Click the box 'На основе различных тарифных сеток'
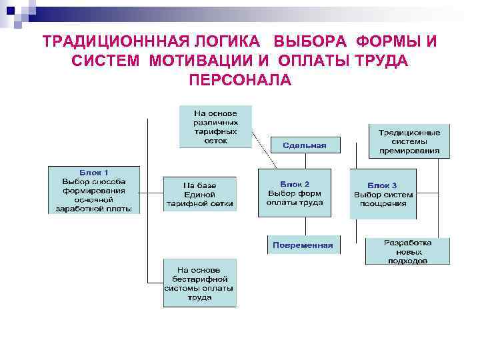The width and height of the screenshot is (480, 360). tap(215, 126)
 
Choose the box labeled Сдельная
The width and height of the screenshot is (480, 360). tap(304, 145)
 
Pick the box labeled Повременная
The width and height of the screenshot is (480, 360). tap(303, 245)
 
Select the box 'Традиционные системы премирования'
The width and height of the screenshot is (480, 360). tap(409, 141)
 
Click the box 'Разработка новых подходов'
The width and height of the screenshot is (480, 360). tap(407, 251)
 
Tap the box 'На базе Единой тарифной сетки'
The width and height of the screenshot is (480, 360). tap(200, 194)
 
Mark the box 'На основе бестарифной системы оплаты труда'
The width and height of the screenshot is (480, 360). tap(199, 283)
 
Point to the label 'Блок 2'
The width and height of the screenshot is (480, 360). tap(294, 183)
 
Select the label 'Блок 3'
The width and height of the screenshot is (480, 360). tap(383, 185)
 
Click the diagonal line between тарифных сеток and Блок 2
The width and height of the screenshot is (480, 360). tap(264, 153)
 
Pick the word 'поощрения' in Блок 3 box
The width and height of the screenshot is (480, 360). tap(383, 204)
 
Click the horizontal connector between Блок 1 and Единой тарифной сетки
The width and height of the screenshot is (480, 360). tap(152, 193)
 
